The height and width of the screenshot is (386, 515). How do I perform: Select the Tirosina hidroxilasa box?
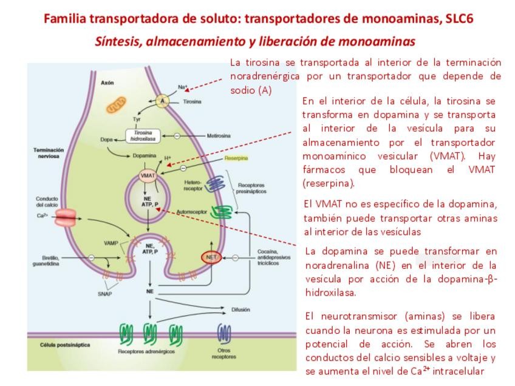point(144,135)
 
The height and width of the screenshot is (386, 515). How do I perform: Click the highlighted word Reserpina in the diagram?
point(236,158)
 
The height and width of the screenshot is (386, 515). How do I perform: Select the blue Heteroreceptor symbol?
point(213,185)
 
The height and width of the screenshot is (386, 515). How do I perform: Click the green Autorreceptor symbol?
point(221,212)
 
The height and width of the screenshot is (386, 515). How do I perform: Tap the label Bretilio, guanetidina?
point(46,260)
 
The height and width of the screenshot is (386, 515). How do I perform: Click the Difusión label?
point(240,310)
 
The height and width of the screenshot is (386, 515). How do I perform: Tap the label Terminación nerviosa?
point(46,152)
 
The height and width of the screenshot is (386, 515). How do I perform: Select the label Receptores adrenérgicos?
point(146,351)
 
